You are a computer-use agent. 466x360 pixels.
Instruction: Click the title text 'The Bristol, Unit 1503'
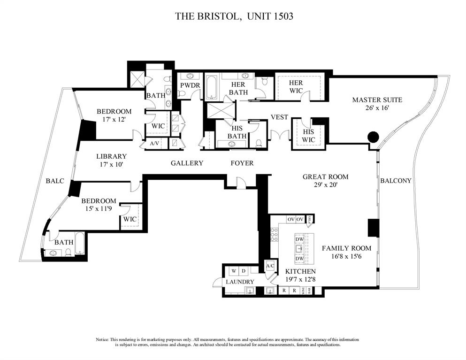[234, 16]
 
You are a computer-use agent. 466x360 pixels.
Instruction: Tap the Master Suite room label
[377, 100]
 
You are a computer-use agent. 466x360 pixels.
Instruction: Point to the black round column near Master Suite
[373, 137]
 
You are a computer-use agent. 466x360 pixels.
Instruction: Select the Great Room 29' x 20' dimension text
[325, 185]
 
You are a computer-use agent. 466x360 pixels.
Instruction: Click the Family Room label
[346, 248]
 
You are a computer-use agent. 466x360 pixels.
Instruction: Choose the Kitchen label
[300, 271]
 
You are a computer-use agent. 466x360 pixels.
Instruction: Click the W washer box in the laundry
[233, 271]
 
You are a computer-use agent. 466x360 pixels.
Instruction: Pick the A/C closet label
[270, 266]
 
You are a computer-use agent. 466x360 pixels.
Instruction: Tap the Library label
[111, 156]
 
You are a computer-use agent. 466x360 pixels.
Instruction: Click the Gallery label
[187, 163]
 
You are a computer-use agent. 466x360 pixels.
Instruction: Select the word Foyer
[242, 163]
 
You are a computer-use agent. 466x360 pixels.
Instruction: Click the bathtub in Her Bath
[211, 87]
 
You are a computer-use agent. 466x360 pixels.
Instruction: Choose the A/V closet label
[154, 143]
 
